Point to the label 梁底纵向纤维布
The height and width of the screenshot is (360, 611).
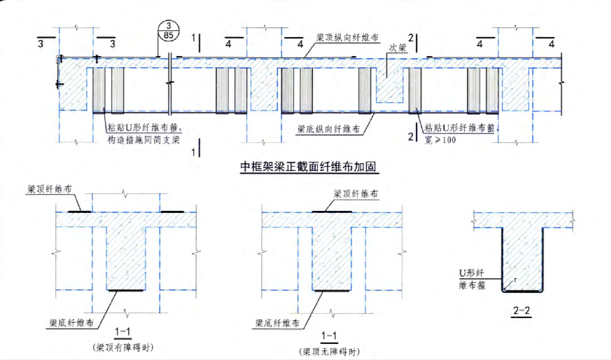(x=328, y=130)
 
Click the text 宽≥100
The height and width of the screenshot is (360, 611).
(x=440, y=141)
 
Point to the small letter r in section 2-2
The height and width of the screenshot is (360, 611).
(x=515, y=279)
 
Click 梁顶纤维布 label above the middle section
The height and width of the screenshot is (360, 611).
(x=358, y=193)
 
